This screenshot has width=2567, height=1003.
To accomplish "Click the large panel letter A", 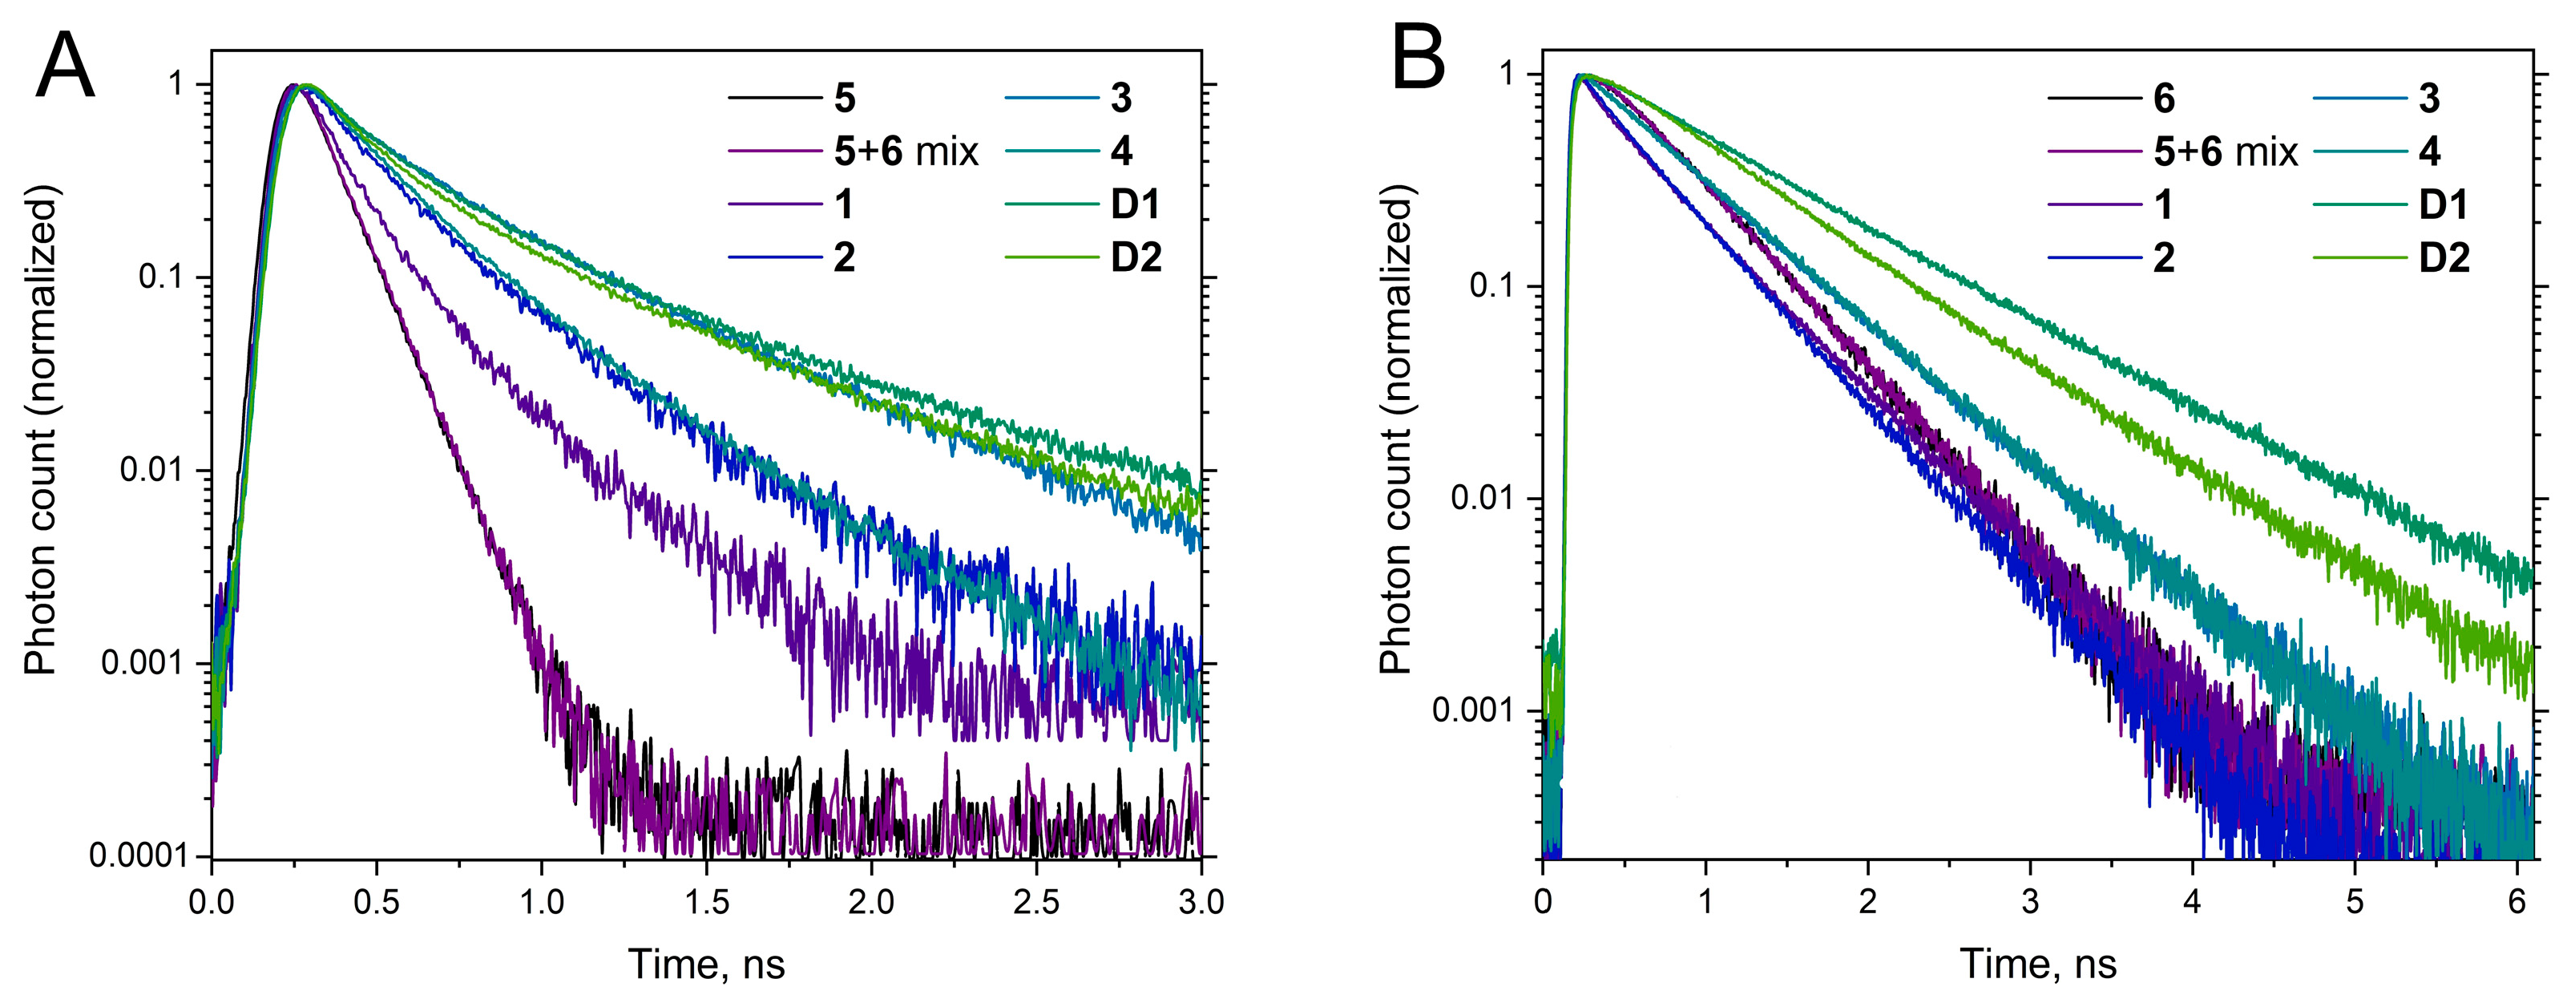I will [65, 67].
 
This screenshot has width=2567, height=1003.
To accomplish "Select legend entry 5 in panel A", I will [844, 98].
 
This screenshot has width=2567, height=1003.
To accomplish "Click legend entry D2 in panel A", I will [1136, 257].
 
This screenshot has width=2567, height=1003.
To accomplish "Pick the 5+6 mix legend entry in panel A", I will [906, 152].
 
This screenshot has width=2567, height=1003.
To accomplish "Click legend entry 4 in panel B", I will [2429, 152].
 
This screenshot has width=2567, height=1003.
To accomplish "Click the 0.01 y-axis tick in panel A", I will [152, 470].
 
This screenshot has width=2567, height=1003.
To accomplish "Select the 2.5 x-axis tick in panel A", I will [1036, 902].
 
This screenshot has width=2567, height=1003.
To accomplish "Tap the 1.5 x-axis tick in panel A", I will [707, 902].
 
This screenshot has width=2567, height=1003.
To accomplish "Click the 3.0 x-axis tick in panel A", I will [1201, 902].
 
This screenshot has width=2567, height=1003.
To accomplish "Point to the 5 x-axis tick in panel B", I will [2355, 902].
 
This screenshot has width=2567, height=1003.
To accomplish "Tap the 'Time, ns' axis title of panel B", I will [2038, 965].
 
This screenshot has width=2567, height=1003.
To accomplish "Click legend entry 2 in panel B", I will [2163, 257].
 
